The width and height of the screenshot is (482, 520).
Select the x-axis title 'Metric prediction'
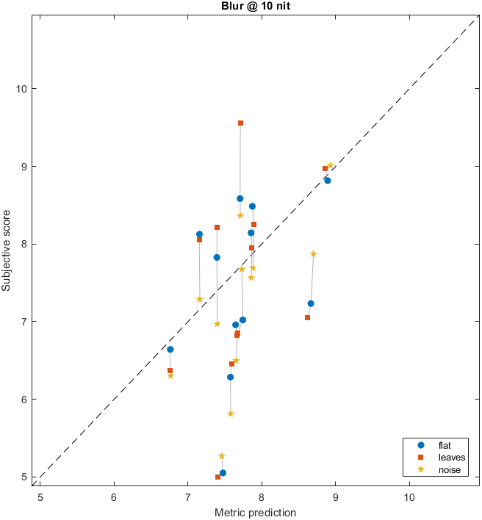click(255, 512)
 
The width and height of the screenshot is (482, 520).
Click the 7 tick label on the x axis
click(187, 496)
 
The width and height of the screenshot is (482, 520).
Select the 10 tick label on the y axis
click(22, 89)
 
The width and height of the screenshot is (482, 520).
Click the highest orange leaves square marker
click(240, 123)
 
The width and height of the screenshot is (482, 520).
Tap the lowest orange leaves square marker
click(217, 477)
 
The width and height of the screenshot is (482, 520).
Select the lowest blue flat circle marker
click(223, 473)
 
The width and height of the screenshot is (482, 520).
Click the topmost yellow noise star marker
click(330, 166)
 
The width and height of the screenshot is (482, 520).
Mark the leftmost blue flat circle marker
click(170, 350)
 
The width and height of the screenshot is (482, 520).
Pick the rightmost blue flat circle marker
click(327, 180)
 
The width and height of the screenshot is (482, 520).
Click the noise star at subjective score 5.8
click(230, 414)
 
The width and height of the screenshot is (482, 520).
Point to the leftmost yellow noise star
click(170, 375)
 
